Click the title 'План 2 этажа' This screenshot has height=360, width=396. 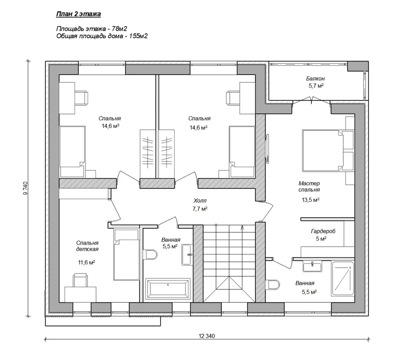(78, 14)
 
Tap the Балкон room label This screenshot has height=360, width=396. (315, 79)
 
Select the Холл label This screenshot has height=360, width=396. (200, 201)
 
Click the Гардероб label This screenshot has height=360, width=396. (323, 231)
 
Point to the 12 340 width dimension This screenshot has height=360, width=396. (207, 336)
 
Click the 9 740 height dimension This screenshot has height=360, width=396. (25, 188)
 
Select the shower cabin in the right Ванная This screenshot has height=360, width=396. (343, 279)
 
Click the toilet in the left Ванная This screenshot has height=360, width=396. (150, 254)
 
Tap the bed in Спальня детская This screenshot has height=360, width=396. (126, 254)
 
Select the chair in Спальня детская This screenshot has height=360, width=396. (81, 280)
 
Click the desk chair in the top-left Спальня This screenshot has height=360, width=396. (81, 98)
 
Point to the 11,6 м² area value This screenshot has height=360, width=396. (86, 262)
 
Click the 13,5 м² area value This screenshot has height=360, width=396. (311, 200)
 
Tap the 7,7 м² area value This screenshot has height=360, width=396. (200, 209)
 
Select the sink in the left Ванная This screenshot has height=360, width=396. (187, 254)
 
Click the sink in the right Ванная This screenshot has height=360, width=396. (312, 266)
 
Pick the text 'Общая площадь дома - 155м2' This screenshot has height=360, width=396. (102, 36)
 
